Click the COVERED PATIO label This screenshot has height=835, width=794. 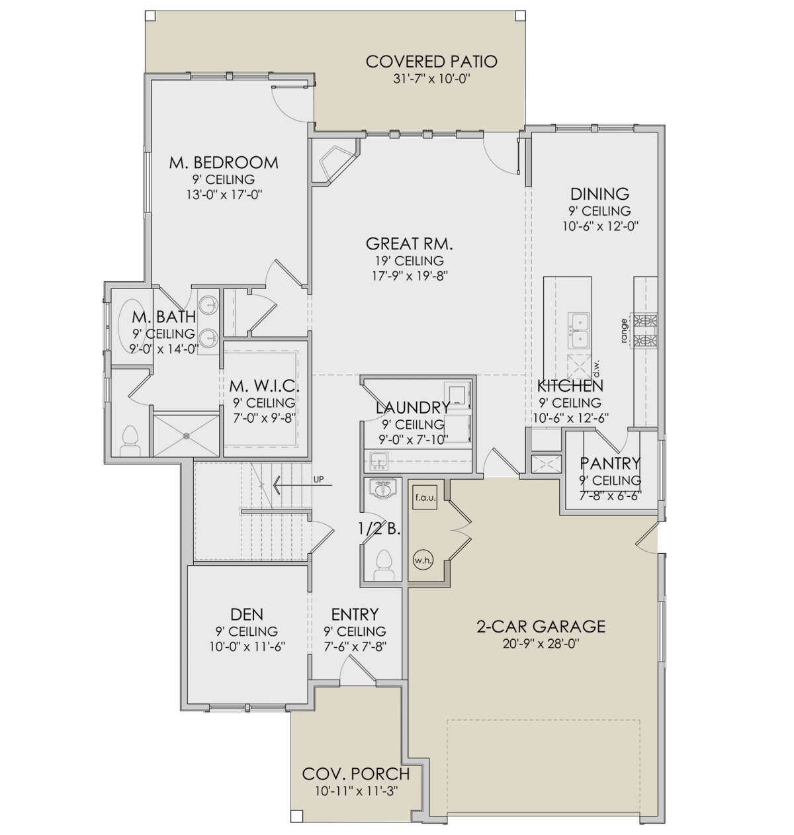point(431,62)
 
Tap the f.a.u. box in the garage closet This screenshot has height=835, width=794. point(425,497)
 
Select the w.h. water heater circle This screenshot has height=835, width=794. point(423,560)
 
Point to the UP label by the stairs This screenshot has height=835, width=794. point(318,480)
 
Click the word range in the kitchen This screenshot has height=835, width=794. point(624,330)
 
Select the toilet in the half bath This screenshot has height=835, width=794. point(382,565)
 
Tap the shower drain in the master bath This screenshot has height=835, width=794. point(186,436)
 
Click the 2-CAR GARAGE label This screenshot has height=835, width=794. point(541,627)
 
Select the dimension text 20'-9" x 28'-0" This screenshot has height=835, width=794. point(541,644)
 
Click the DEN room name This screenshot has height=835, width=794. point(247,615)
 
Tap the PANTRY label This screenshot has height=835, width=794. point(610,463)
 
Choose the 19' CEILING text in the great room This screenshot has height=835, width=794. point(409,261)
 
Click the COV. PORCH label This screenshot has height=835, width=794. point(355,774)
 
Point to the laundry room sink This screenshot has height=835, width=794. point(378,461)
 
